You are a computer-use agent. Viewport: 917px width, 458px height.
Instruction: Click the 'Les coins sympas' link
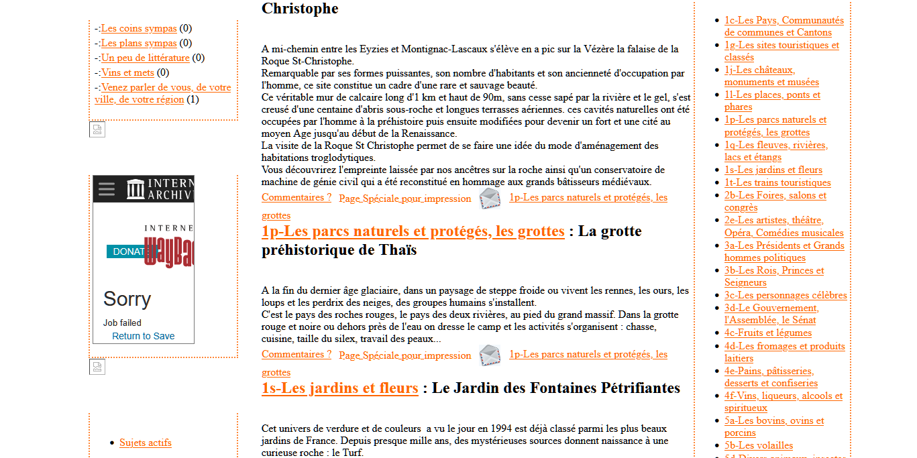coord(139,28)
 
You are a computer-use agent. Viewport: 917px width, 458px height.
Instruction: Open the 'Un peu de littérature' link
coord(145,58)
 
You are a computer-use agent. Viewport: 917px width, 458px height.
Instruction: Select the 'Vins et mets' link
coord(127,72)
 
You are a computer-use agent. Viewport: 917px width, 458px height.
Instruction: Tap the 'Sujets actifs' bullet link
coord(146,443)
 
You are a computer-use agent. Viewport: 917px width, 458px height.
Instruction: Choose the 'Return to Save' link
coord(143,336)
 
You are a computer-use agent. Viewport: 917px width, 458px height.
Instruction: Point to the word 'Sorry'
coord(127,299)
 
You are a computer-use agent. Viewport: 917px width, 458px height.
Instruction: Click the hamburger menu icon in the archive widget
coord(107,188)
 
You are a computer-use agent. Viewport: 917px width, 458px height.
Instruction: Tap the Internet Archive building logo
coord(136,188)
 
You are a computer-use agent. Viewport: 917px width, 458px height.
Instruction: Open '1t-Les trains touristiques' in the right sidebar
coord(777,182)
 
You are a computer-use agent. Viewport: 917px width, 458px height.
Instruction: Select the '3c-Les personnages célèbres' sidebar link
coord(785,295)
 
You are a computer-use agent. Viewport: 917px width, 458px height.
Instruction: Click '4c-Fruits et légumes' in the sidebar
coord(767,333)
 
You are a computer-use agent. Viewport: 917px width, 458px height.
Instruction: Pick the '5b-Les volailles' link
coord(758,445)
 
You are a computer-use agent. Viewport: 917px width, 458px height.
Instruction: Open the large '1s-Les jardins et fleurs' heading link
coord(339,388)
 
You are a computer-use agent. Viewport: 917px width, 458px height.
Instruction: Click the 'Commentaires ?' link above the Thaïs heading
coord(296,197)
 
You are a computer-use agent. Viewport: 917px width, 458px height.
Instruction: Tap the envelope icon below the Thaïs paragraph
coord(490,355)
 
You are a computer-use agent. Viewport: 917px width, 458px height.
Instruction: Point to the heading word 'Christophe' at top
coord(300,9)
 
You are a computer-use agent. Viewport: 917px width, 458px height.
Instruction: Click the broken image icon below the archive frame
coord(97,367)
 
